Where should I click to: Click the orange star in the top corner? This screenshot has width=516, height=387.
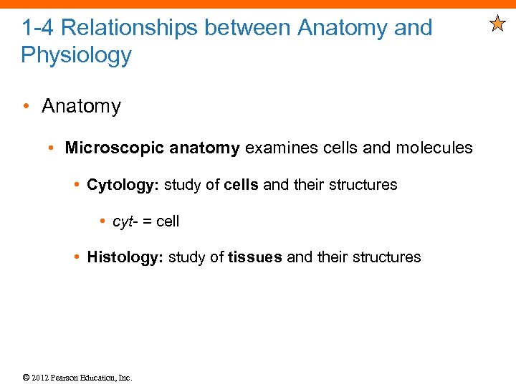pyautogui.click(x=497, y=25)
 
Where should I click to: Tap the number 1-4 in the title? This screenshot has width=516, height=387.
pyautogui.click(x=37, y=29)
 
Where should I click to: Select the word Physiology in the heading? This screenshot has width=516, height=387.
pyautogui.click(x=77, y=55)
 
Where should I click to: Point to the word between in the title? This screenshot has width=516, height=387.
pyautogui.click(x=247, y=29)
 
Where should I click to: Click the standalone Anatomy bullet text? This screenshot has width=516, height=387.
pyautogui.click(x=82, y=107)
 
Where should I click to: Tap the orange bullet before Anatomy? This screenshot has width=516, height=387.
pyautogui.click(x=26, y=107)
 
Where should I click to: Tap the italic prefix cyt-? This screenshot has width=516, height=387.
pyautogui.click(x=125, y=221)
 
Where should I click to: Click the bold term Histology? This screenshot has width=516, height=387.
pyautogui.click(x=125, y=257)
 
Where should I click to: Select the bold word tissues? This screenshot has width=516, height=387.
pyautogui.click(x=255, y=257)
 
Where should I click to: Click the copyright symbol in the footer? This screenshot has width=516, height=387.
pyautogui.click(x=25, y=378)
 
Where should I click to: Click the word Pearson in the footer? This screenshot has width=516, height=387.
pyautogui.click(x=68, y=378)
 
